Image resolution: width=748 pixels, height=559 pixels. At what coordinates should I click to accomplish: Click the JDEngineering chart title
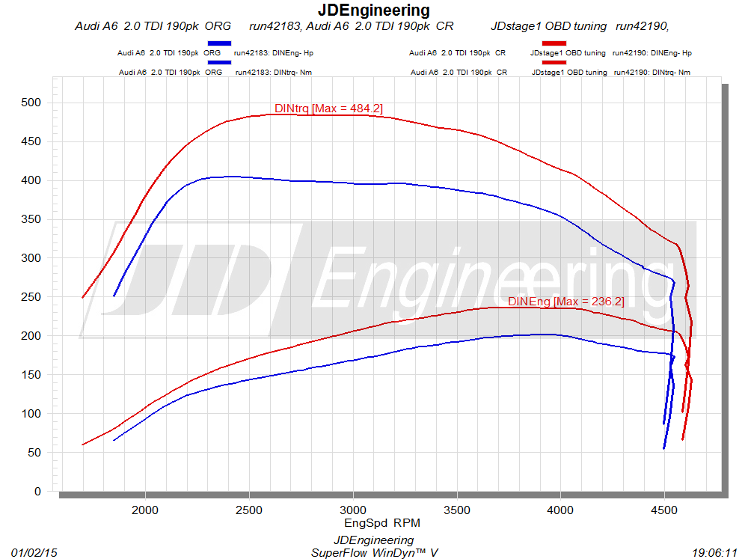point(373,10)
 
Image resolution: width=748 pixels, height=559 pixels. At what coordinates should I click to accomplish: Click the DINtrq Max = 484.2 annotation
point(328,109)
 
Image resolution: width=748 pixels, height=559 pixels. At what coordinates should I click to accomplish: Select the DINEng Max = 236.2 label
point(565,302)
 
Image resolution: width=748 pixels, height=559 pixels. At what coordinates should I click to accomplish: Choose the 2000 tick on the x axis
point(145,510)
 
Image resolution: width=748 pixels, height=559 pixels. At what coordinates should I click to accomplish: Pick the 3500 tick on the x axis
point(456,510)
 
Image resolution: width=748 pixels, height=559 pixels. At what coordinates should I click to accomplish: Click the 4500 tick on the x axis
point(664,510)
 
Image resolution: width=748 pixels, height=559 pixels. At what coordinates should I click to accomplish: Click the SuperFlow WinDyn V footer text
point(374,552)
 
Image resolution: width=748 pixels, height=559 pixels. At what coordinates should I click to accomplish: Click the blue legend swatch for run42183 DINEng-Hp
point(220,44)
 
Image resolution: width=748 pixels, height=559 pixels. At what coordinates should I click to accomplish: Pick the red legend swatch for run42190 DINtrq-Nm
point(550,63)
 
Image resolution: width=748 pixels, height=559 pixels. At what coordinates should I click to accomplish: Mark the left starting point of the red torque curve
point(82,297)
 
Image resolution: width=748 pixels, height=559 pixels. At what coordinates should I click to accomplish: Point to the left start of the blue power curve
point(114,440)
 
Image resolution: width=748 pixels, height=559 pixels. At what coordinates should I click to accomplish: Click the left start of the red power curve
point(82,445)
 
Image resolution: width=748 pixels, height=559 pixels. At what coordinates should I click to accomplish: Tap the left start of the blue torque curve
point(114,296)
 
